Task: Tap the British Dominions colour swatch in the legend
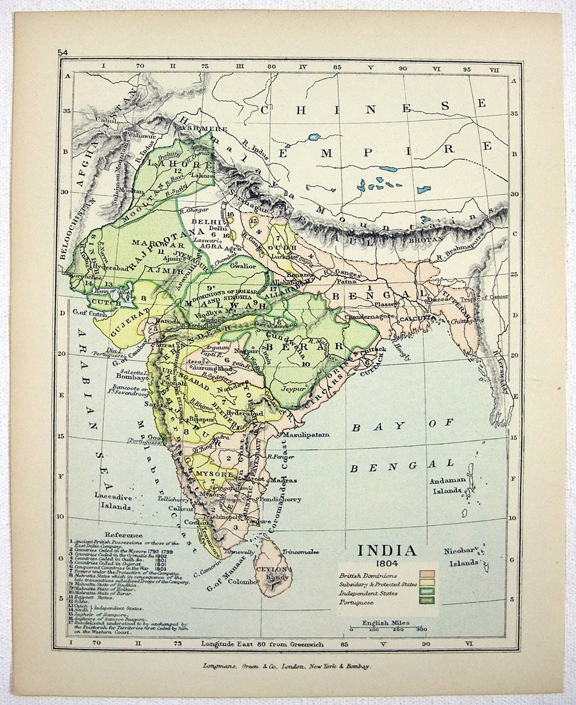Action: click(427, 575)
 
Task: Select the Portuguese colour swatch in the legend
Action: click(427, 602)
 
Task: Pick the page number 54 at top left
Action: click(63, 52)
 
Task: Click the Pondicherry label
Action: click(283, 499)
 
